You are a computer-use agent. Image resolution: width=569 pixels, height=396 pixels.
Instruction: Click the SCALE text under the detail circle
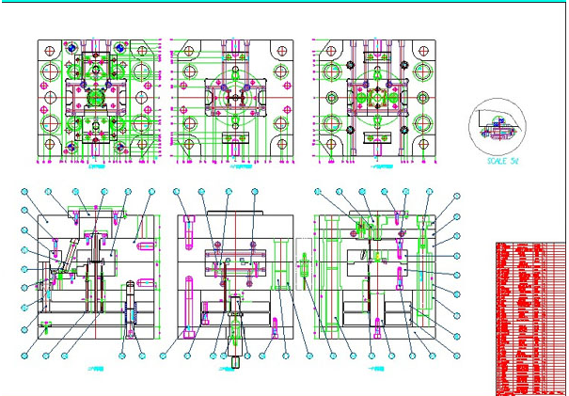click(x=501, y=161)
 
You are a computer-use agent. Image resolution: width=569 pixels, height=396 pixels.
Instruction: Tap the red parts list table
click(x=529, y=317)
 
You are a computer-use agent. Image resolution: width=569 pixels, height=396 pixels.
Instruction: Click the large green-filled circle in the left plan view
click(x=94, y=100)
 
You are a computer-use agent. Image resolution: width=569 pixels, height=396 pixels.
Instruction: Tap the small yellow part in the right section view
click(x=379, y=257)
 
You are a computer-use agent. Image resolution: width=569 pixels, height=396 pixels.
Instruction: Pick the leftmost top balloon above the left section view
click(x=26, y=193)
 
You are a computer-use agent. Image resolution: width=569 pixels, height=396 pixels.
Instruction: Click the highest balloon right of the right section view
click(x=457, y=197)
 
